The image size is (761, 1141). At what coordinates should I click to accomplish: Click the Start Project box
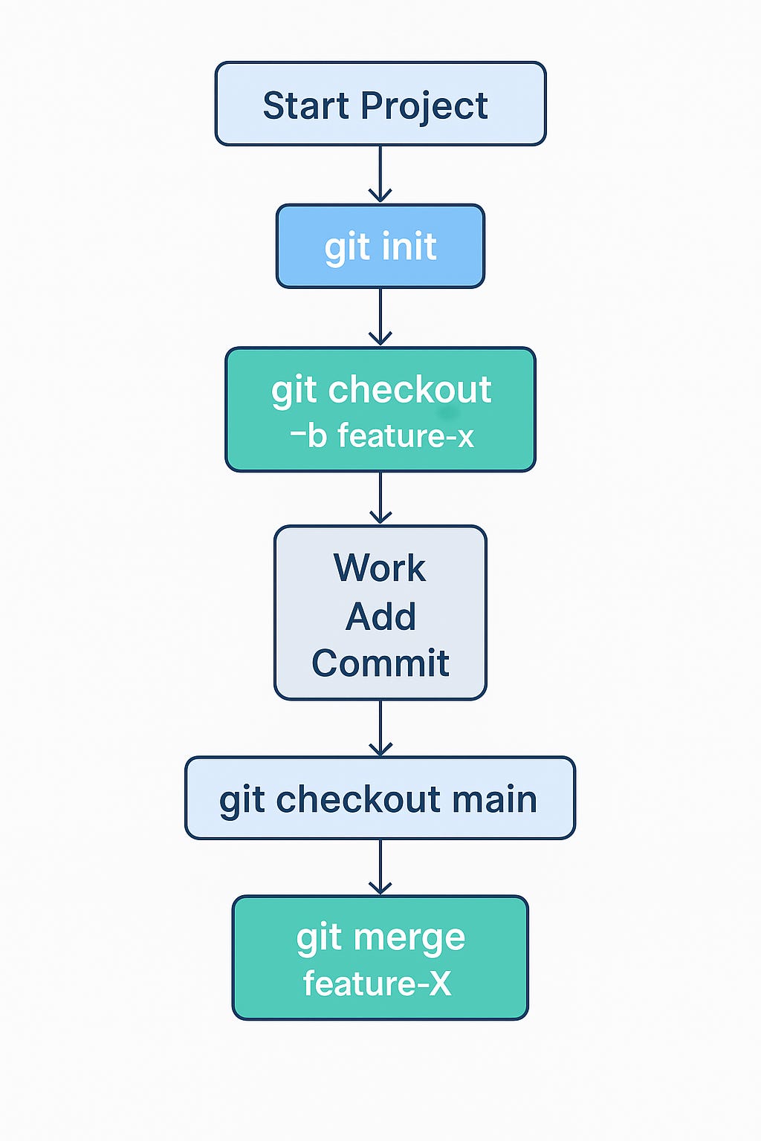(380, 104)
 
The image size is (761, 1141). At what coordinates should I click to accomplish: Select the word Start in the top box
(306, 105)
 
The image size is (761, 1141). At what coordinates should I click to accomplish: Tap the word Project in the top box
(424, 107)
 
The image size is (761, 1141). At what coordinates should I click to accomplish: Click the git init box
(380, 246)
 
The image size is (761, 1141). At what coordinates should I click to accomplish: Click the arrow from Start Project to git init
(380, 174)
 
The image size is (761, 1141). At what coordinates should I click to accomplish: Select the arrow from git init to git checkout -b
(380, 317)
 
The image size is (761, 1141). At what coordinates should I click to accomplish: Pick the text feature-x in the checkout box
(406, 436)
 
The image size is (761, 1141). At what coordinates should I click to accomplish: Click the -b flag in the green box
(309, 436)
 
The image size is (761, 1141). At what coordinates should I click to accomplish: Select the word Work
(380, 568)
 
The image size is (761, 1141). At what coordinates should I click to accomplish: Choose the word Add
(380, 617)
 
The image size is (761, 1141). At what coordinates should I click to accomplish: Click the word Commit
(380, 663)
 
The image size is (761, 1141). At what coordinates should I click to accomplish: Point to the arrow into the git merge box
(380, 867)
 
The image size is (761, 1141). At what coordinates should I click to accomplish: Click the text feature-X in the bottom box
(378, 984)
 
